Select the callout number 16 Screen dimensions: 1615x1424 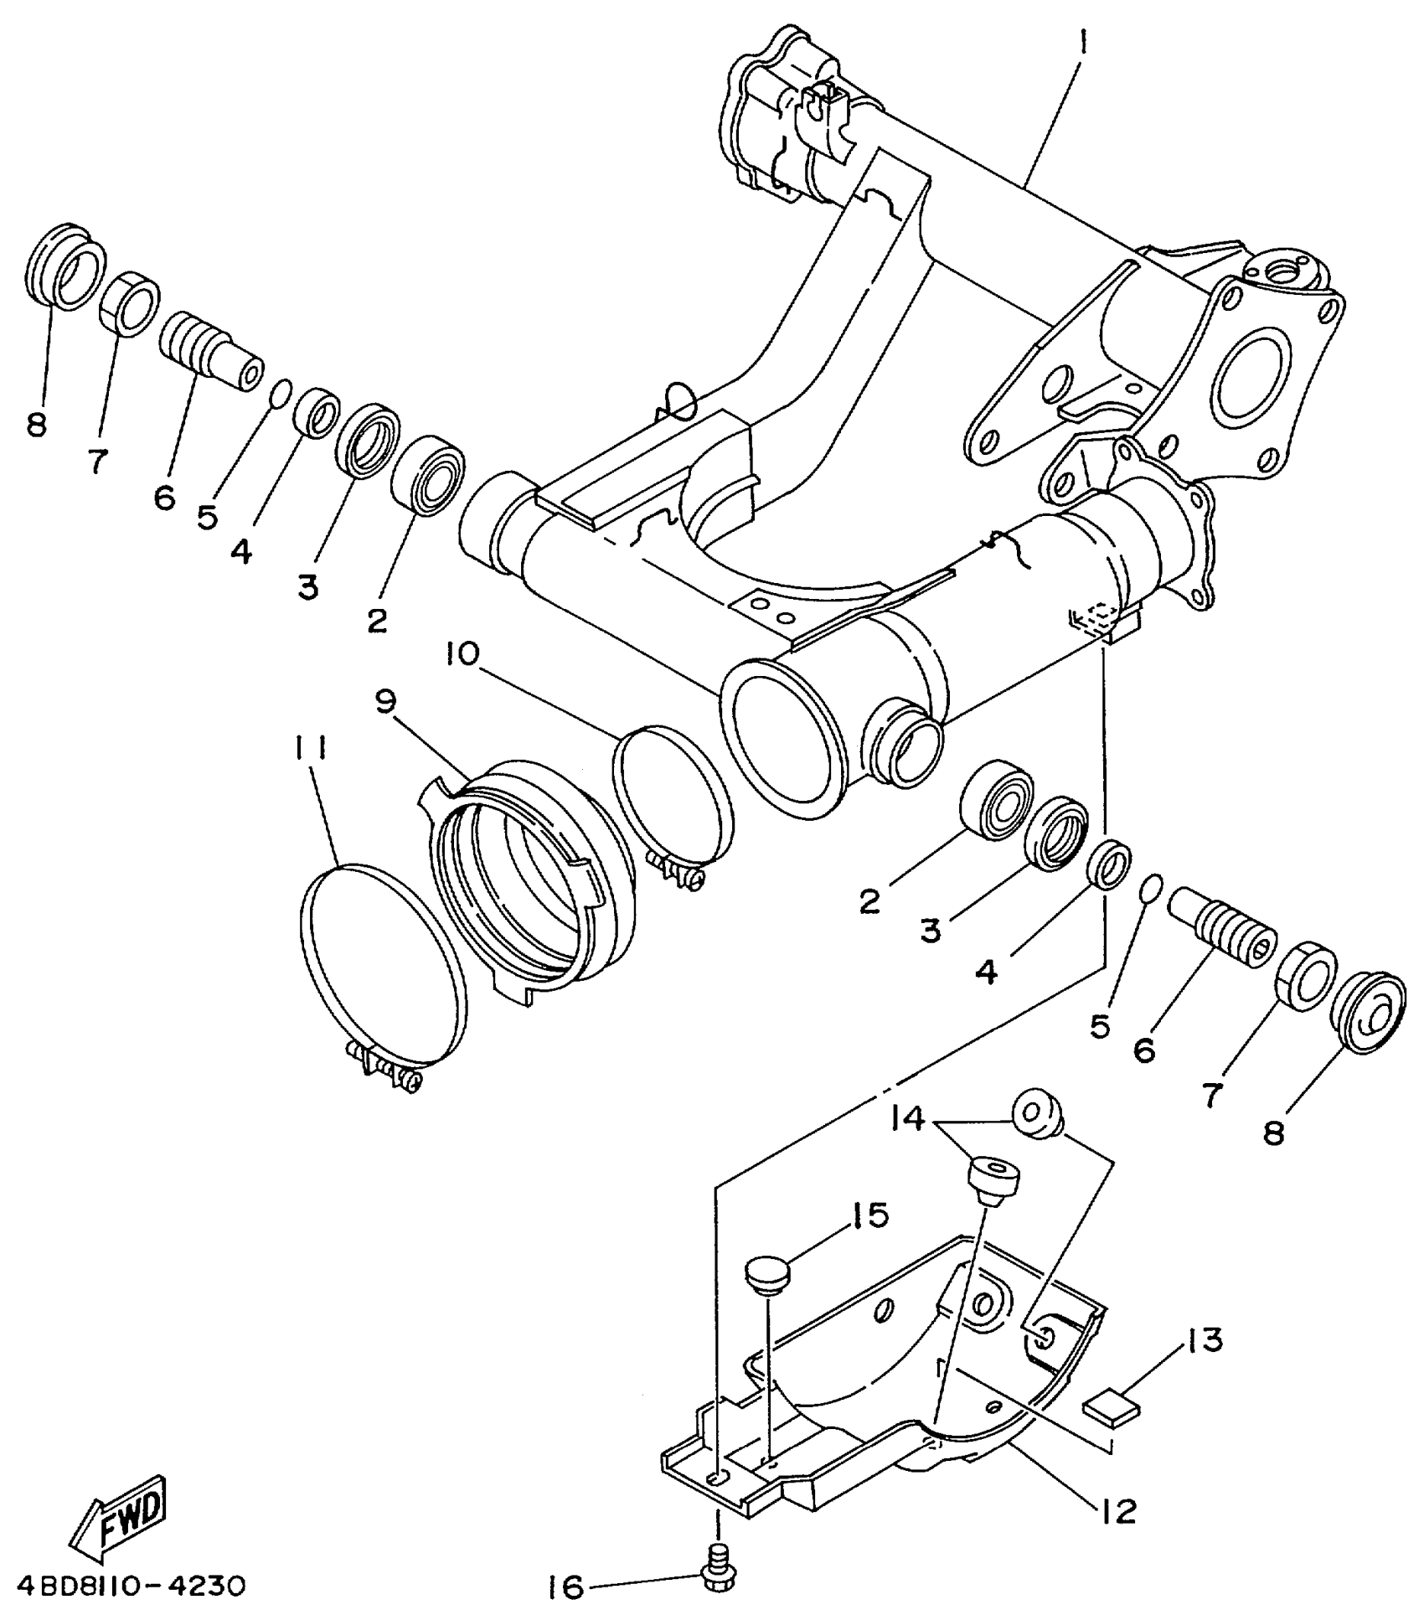(x=566, y=1587)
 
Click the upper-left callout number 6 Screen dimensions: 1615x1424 (x=164, y=498)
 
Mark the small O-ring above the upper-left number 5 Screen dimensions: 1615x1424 (x=282, y=392)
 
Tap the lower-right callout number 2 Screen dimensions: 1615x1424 (x=870, y=901)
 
